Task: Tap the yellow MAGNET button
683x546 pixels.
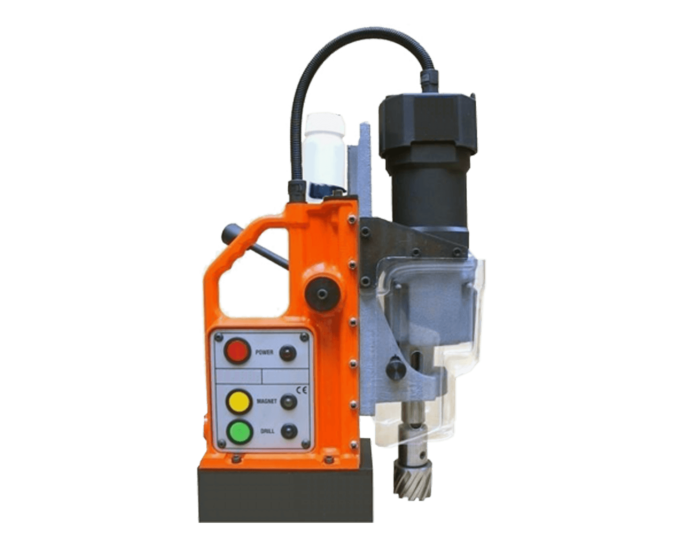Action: pos(237,402)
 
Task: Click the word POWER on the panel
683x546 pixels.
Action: pos(264,352)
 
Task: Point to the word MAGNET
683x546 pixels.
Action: pos(267,401)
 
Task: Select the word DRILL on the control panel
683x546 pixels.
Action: pos(268,431)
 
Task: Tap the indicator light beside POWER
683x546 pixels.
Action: pos(288,353)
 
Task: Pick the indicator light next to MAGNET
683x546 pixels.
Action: pos(289,401)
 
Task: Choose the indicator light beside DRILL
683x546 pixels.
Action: pos(290,431)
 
